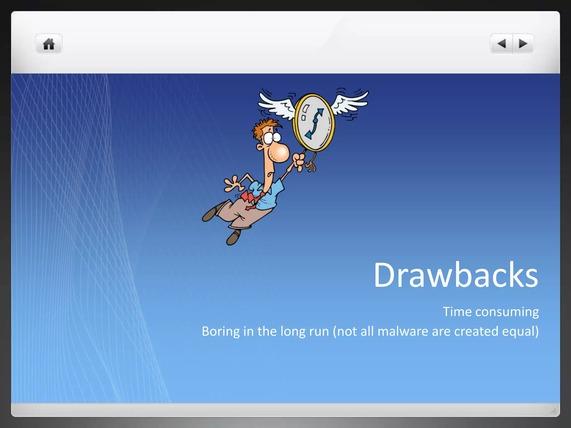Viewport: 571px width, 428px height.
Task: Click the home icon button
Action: pos(49,44)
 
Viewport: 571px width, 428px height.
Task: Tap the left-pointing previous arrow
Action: pos(502,44)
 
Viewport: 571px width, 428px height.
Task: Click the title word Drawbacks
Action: pos(456,275)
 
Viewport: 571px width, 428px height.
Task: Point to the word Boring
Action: pos(221,332)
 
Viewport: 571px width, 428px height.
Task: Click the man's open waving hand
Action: pos(233,184)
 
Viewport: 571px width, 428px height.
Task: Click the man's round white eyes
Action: pos(272,138)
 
